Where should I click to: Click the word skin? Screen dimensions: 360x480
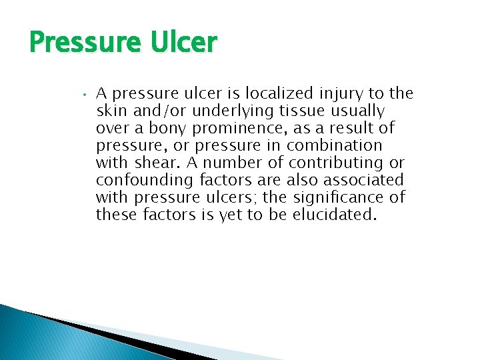110,111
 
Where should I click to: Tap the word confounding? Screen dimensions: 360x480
137,180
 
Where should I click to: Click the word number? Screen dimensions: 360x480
233,163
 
